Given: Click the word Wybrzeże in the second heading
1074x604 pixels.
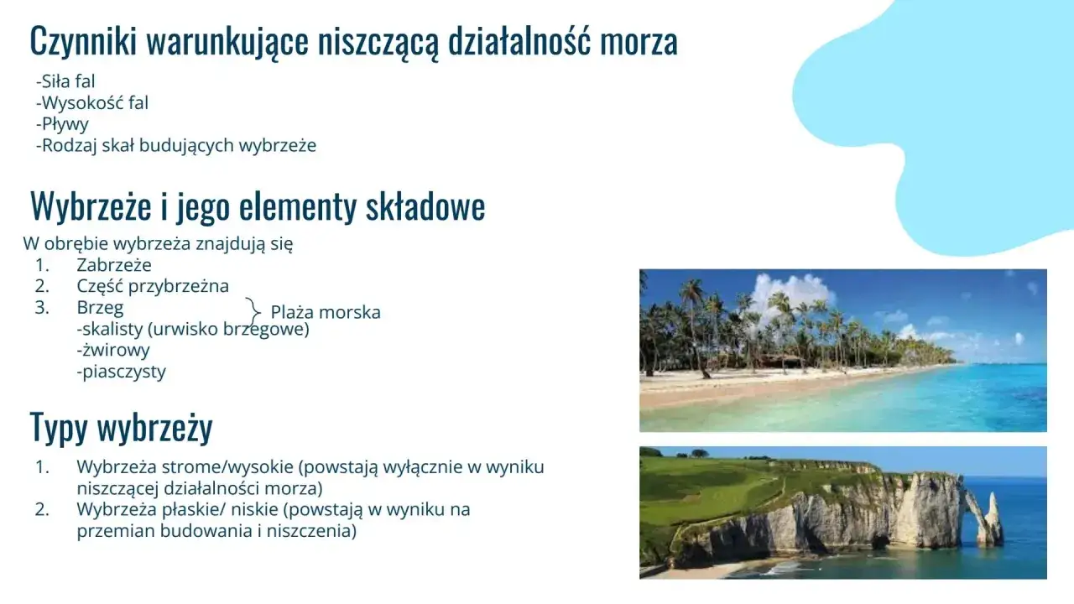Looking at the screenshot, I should (x=91, y=206).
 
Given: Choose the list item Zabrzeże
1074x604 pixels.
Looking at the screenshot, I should (x=114, y=265).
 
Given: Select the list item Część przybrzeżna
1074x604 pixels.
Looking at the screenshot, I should (x=153, y=286).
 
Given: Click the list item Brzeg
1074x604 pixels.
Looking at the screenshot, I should (x=100, y=307).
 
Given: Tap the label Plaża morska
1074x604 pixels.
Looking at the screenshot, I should (x=326, y=312).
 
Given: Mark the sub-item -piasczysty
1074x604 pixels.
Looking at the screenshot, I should (x=121, y=372).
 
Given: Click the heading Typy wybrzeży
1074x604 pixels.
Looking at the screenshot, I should (x=122, y=427).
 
